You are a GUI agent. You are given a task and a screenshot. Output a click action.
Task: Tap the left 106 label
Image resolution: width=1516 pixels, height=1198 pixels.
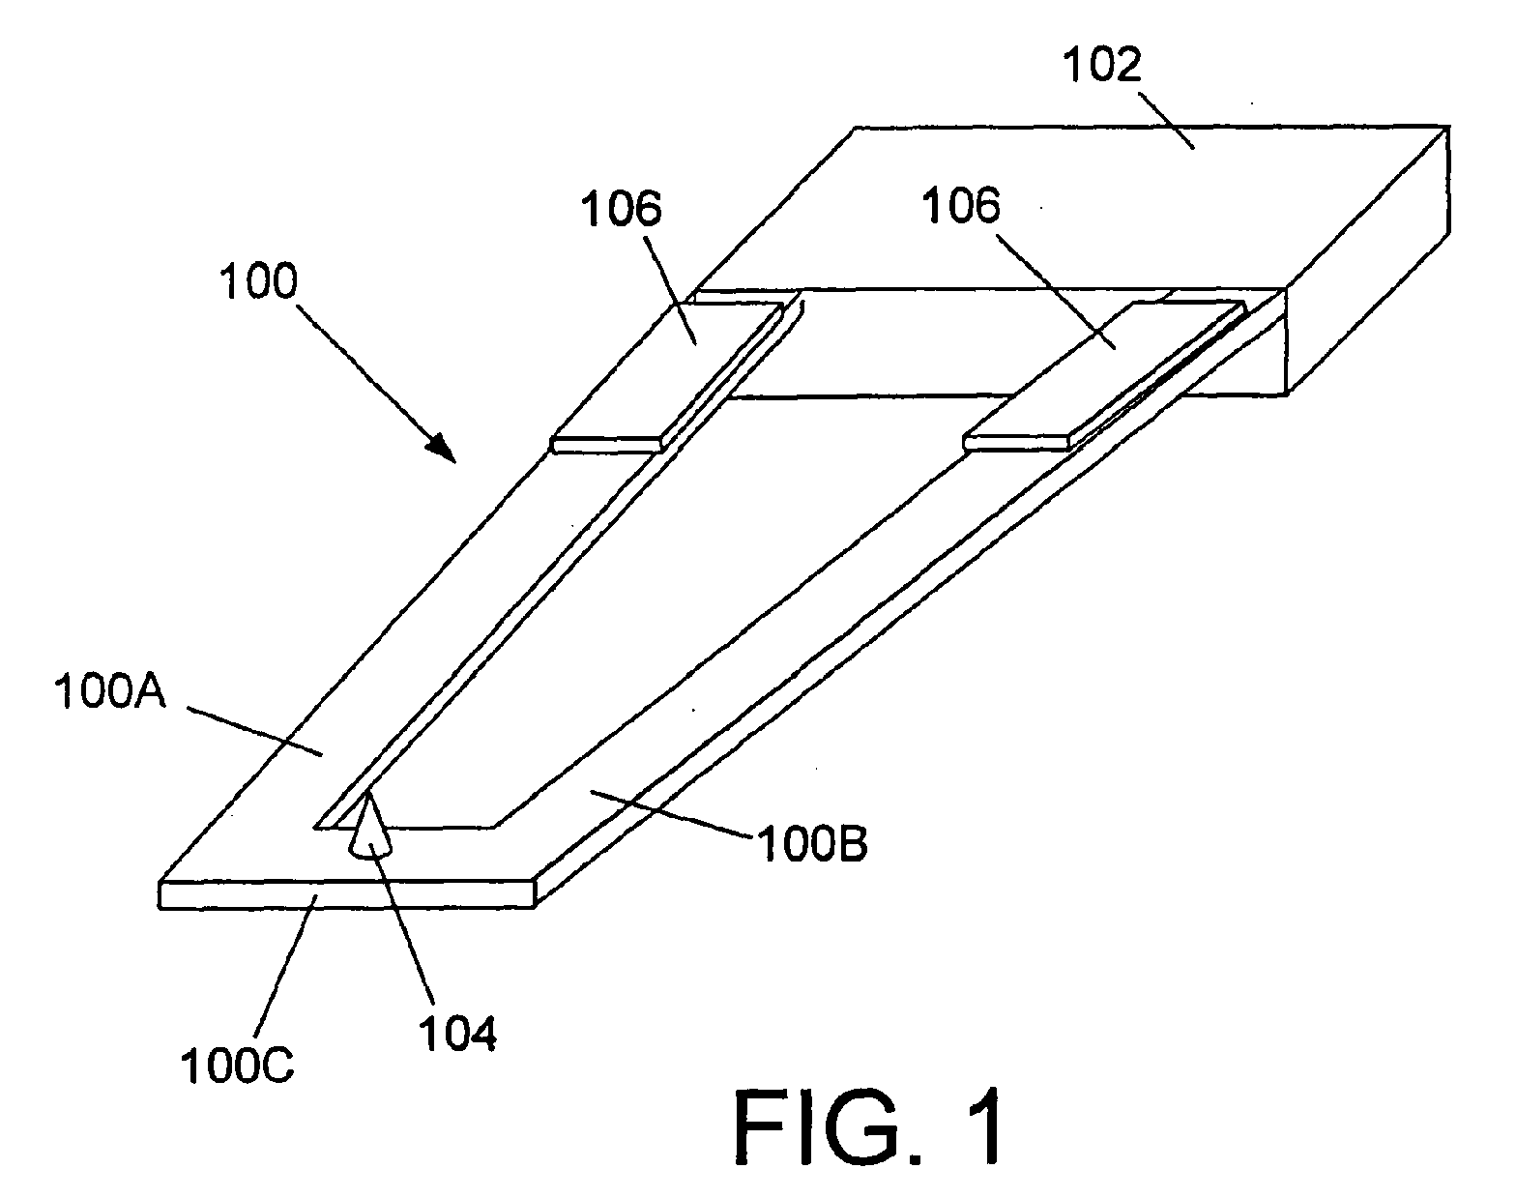(x=621, y=209)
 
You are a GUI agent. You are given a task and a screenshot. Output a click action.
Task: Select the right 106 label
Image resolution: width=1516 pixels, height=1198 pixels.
(x=961, y=206)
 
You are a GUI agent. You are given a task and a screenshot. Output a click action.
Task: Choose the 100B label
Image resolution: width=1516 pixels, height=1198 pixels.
(x=811, y=843)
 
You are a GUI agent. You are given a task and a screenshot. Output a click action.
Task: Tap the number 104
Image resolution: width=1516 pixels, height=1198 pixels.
(x=457, y=1034)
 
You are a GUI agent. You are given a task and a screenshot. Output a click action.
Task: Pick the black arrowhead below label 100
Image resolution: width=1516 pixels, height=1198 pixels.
(x=442, y=448)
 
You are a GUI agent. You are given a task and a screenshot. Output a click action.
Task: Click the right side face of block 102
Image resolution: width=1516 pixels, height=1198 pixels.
(x=1368, y=261)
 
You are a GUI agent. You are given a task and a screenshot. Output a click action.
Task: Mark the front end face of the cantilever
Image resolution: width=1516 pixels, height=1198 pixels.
(x=346, y=895)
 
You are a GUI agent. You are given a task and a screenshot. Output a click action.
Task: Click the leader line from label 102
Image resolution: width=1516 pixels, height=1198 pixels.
(x=1164, y=120)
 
